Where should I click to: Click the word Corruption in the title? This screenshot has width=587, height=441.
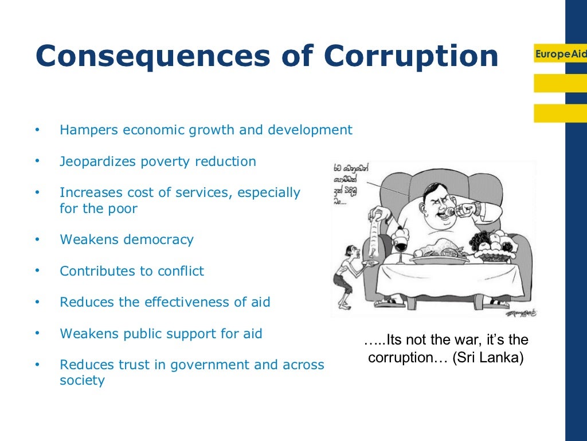tap(410, 56)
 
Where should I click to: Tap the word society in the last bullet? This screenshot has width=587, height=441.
tap(82, 380)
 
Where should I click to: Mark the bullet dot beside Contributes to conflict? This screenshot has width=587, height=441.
tap(37, 271)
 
